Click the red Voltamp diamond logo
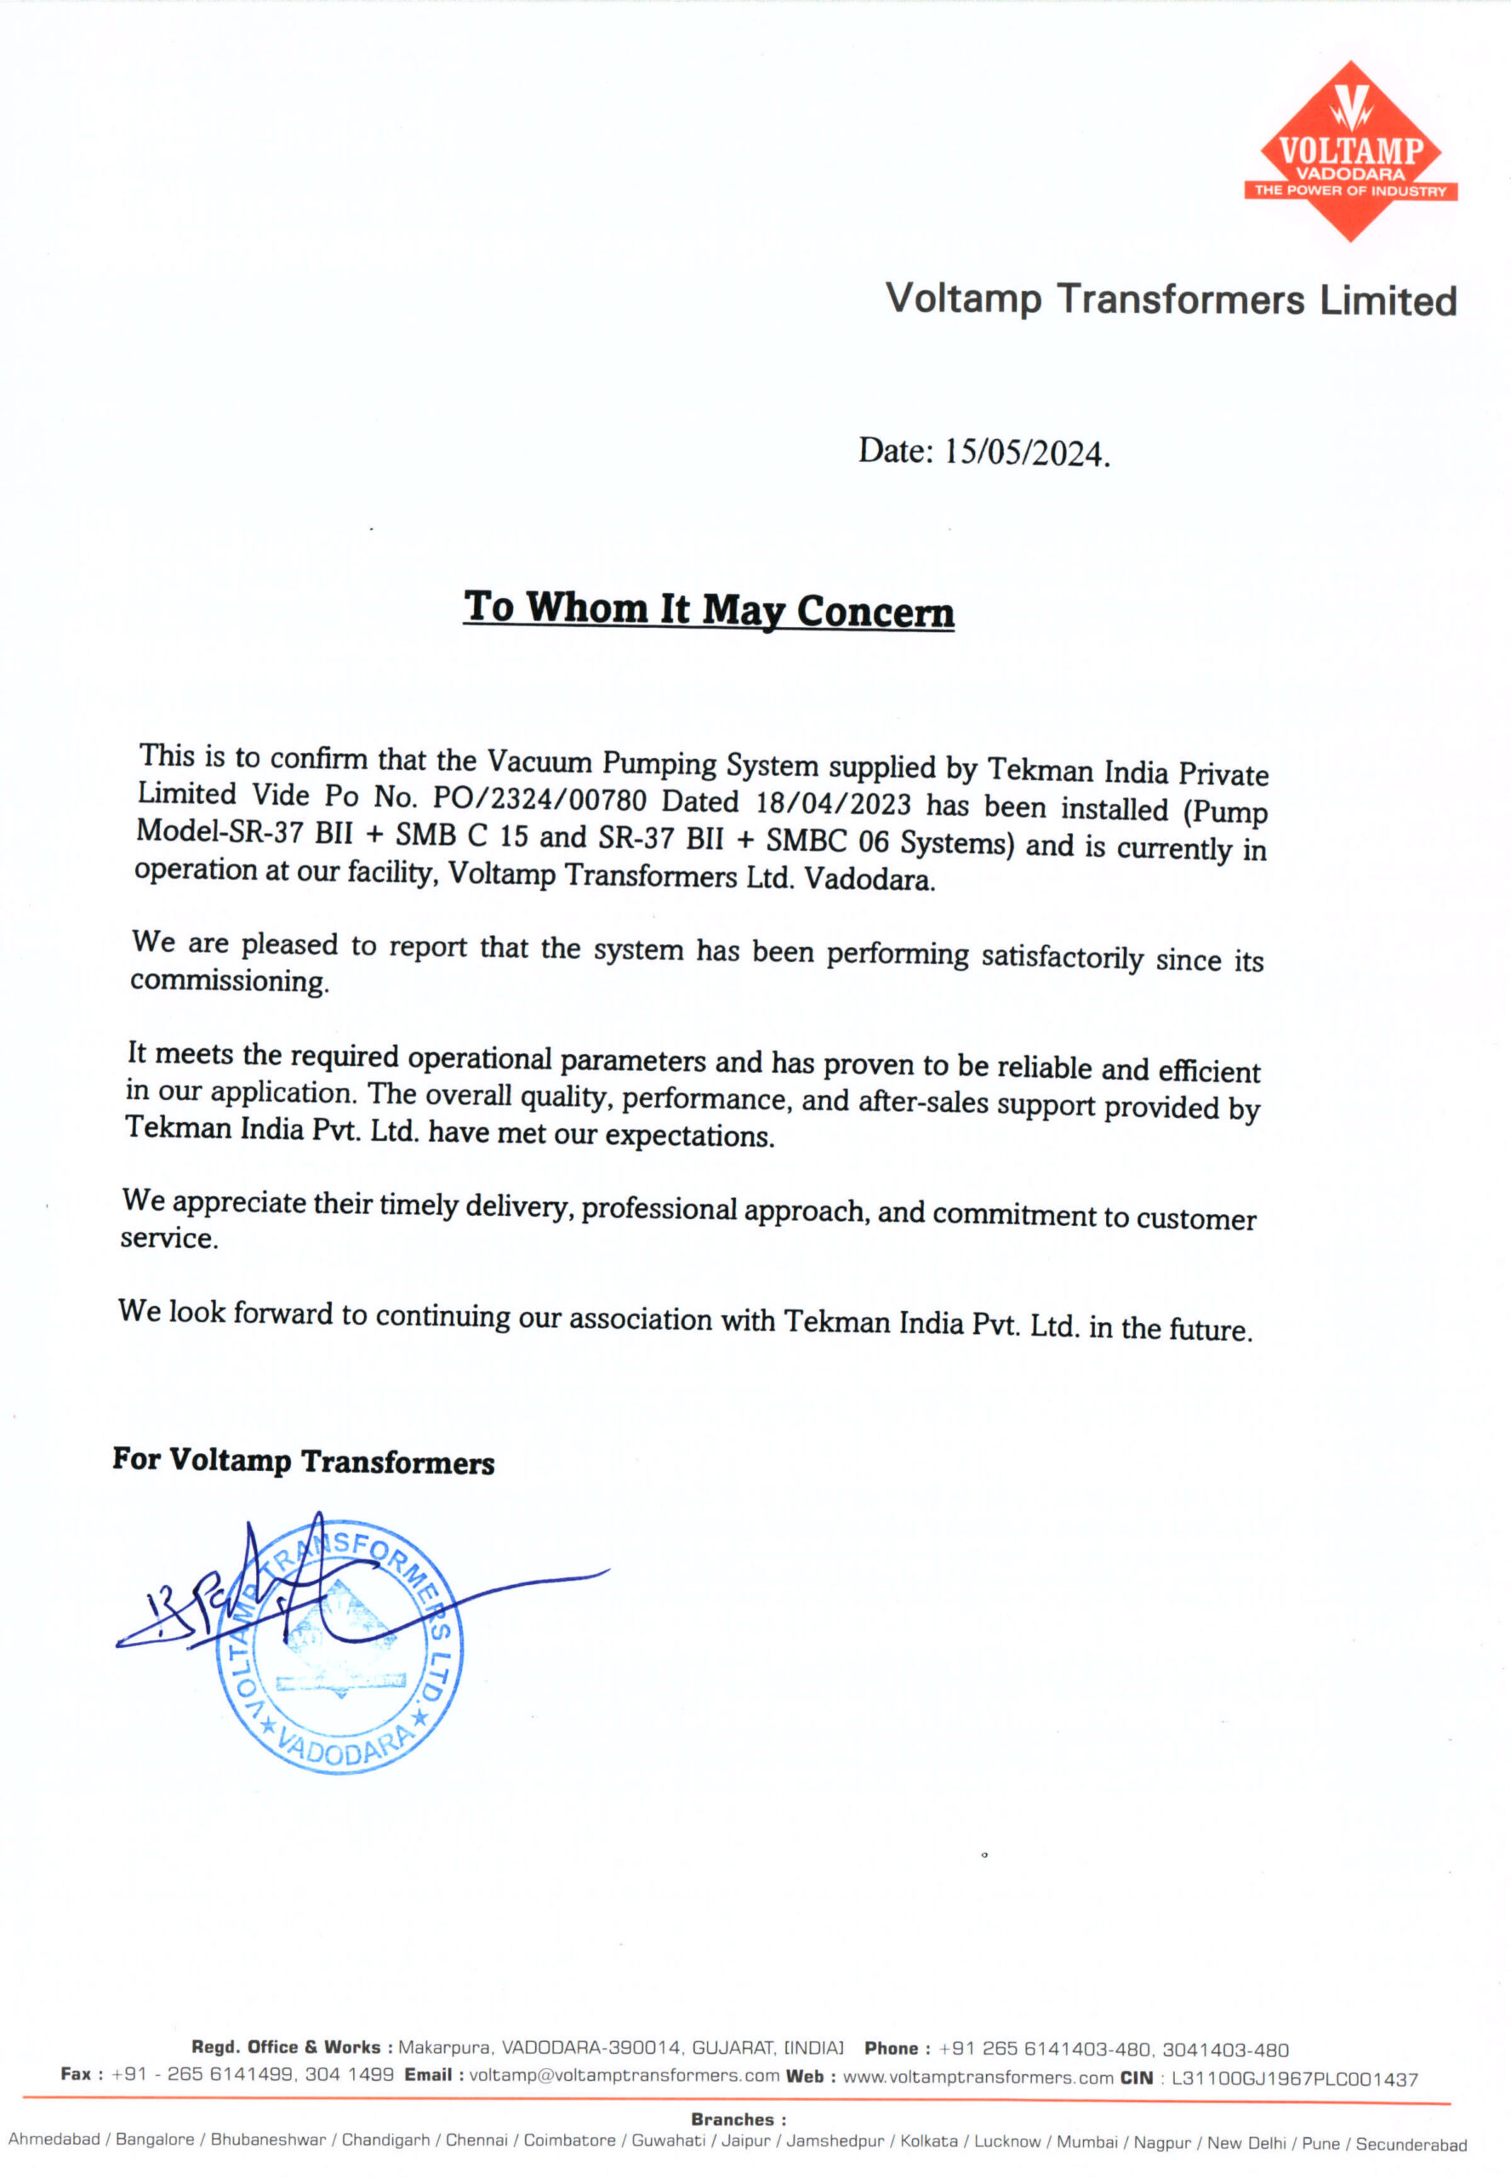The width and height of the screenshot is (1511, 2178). (1350, 151)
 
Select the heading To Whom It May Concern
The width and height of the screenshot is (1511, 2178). (708, 608)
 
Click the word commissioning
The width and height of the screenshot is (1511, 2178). (230, 981)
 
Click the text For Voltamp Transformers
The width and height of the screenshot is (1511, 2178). (303, 1461)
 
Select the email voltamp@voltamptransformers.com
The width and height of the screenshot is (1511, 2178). (624, 2076)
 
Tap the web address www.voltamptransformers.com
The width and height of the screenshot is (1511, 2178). (977, 2078)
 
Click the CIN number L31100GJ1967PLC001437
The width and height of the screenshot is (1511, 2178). (1294, 2078)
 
